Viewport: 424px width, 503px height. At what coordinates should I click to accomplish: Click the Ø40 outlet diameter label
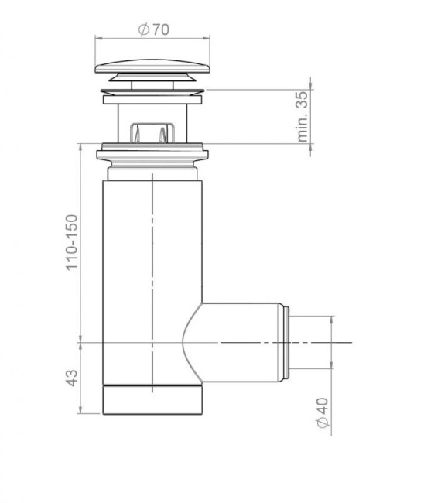[x=323, y=410]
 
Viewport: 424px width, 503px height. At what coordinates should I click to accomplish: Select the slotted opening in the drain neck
[x=153, y=132]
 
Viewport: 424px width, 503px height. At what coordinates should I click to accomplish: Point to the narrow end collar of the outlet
[x=287, y=341]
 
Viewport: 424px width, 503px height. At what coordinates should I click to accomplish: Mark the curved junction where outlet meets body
[x=188, y=341]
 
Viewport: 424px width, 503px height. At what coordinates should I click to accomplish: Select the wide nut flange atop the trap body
[x=153, y=153]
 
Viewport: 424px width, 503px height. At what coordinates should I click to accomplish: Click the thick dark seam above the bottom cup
[x=153, y=385]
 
